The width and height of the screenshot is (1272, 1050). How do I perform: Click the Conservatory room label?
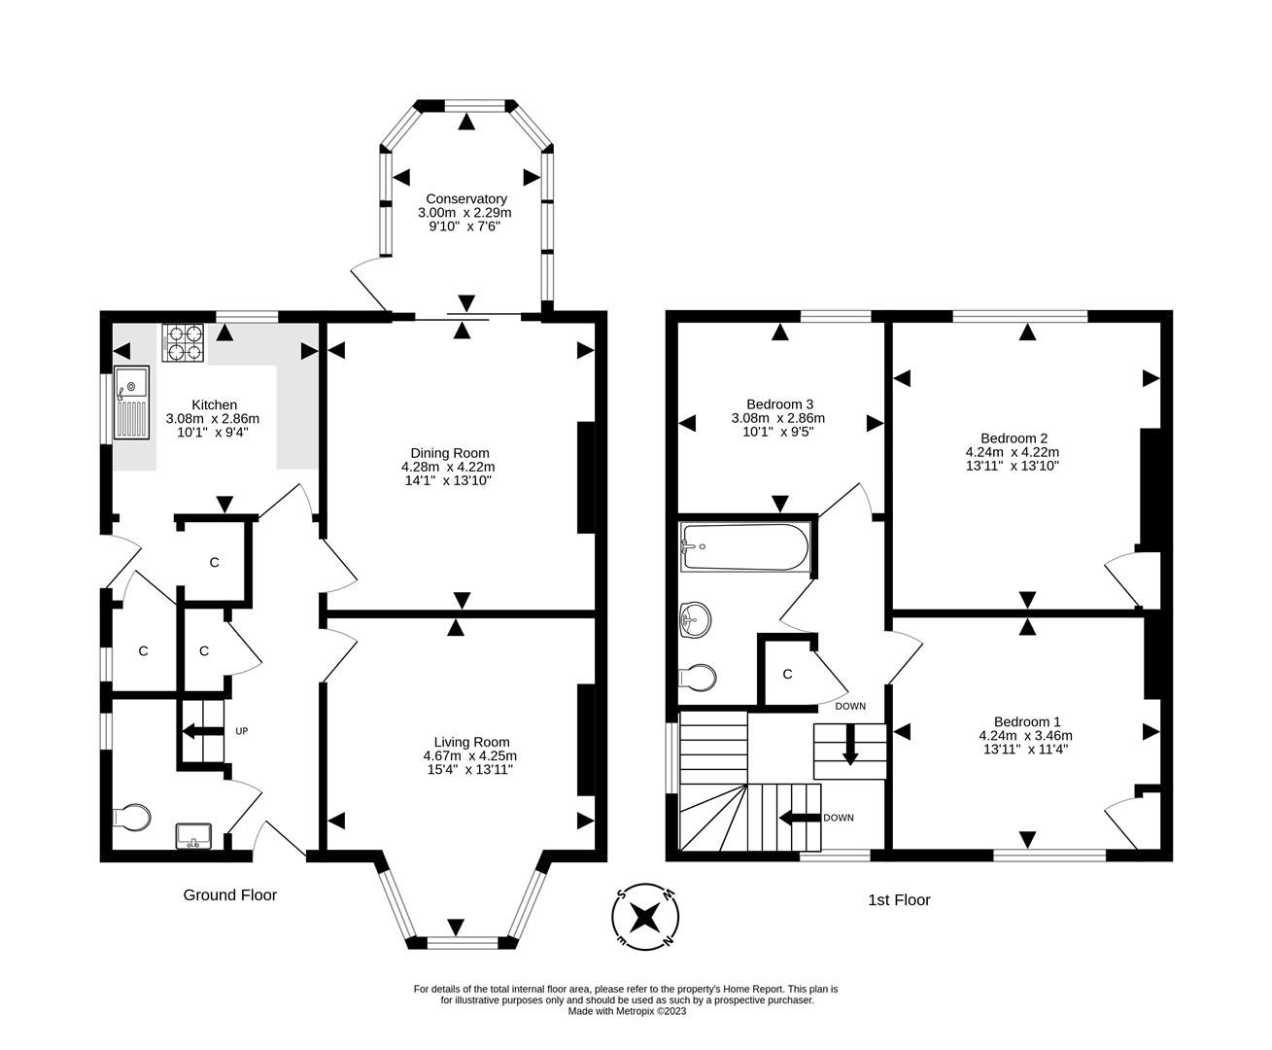coord(464,198)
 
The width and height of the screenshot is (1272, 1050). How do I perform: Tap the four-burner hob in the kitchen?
coord(182,342)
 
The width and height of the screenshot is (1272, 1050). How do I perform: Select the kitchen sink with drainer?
coord(129,402)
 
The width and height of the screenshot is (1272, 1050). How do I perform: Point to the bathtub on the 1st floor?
coord(745,547)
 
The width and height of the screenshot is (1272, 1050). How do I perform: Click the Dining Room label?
coord(450,453)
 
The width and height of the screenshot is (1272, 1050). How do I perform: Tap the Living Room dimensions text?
coord(470,762)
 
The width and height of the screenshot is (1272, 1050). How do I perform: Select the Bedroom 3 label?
coord(779,404)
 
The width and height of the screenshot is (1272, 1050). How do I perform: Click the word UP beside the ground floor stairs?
coord(241,731)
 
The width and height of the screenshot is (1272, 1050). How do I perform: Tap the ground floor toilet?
coord(132,818)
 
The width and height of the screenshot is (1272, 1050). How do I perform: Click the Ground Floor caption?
coord(230,894)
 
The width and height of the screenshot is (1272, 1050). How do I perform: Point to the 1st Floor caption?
coord(899,900)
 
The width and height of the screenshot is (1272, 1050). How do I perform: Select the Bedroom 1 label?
coord(1026,721)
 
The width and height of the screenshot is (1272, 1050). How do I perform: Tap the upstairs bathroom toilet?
coord(698,676)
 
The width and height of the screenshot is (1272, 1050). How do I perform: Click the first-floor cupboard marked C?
coord(787,674)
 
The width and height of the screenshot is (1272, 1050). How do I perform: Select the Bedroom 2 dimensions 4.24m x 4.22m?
coord(1012,452)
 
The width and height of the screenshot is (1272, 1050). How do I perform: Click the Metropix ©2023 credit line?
coord(627,1011)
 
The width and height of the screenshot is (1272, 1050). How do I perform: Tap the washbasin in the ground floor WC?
coord(193,835)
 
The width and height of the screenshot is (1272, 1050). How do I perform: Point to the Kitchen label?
coord(214,405)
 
